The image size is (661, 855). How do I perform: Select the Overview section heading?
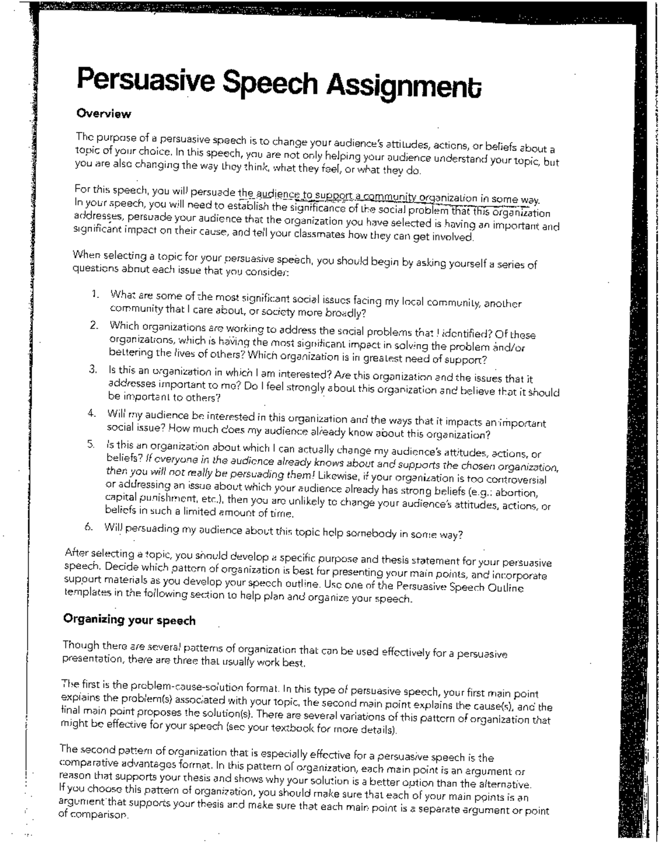(x=104, y=114)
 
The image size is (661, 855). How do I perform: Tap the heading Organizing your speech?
(x=129, y=620)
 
